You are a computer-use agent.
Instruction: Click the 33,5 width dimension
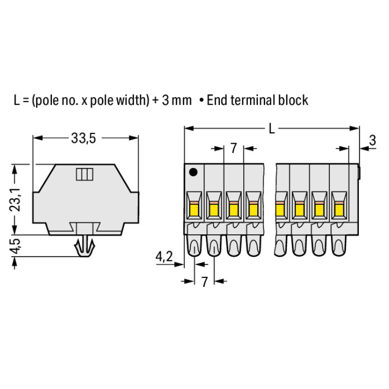pos(84,138)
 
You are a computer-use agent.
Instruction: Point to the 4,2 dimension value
pos(164,257)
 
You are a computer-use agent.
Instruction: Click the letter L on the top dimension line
pos(272,129)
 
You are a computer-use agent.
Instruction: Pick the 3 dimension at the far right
pos(372,141)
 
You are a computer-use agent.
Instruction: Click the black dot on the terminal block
pos(193,172)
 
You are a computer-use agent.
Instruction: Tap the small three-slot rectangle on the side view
pos(85,174)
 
